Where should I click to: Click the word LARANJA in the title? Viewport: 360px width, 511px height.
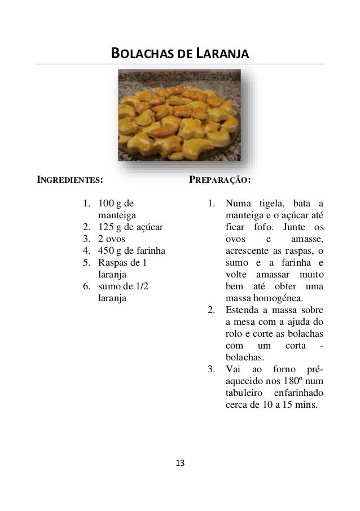coord(222,55)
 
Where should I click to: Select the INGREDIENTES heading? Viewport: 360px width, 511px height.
coord(70,181)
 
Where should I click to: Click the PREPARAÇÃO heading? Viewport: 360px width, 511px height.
coord(219,181)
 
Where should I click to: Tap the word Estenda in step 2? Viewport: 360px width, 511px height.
coord(240,310)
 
